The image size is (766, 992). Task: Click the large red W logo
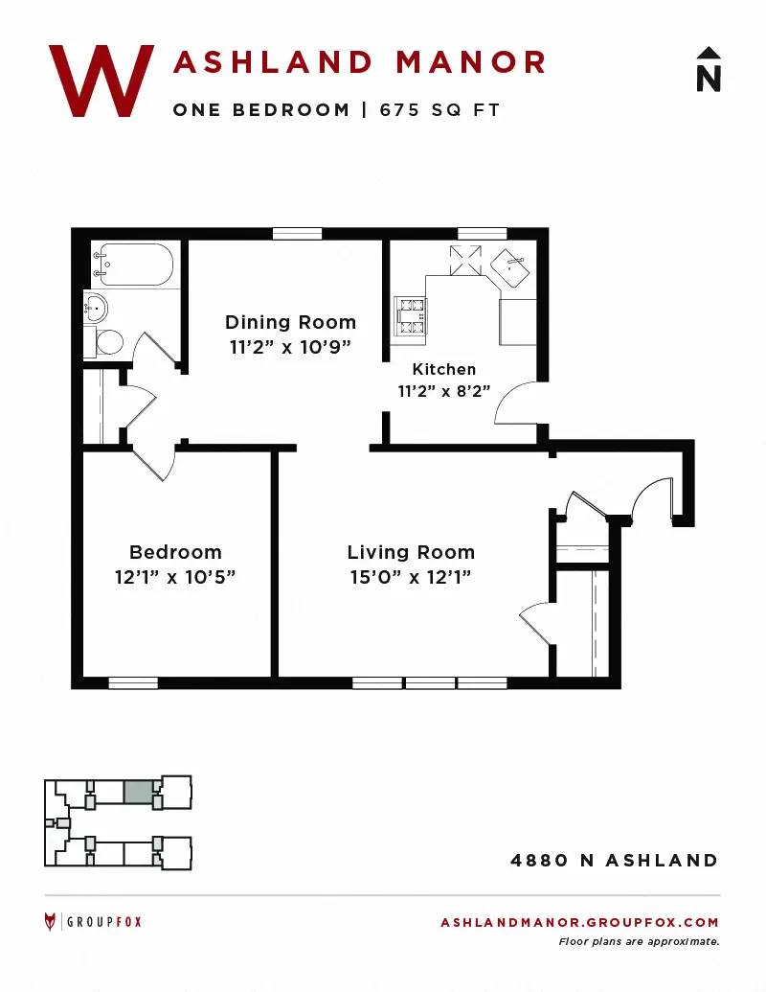click(x=101, y=81)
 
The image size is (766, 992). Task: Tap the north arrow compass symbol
click(x=709, y=69)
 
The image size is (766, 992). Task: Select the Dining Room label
click(x=291, y=322)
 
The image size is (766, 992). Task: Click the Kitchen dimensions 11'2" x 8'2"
click(x=443, y=391)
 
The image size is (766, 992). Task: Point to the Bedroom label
click(x=175, y=552)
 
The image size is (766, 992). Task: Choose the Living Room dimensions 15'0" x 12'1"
click(x=411, y=577)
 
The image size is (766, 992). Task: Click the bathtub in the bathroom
click(x=132, y=265)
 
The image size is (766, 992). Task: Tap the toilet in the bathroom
click(x=105, y=341)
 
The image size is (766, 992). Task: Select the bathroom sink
click(x=96, y=308)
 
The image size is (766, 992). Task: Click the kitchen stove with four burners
click(x=410, y=315)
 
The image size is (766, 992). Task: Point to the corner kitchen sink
click(x=510, y=267)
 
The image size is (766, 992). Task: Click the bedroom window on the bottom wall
click(x=133, y=683)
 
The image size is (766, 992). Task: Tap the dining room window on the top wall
click(x=297, y=234)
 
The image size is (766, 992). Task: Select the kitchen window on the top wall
click(x=483, y=234)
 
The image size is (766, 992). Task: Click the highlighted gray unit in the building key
click(x=138, y=793)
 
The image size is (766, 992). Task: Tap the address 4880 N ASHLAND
click(x=615, y=861)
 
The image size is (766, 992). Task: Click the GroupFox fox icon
click(x=50, y=922)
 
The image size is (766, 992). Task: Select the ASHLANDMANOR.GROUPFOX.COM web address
click(x=579, y=922)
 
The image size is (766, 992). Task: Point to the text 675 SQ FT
click(x=439, y=110)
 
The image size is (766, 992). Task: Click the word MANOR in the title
click(x=470, y=62)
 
